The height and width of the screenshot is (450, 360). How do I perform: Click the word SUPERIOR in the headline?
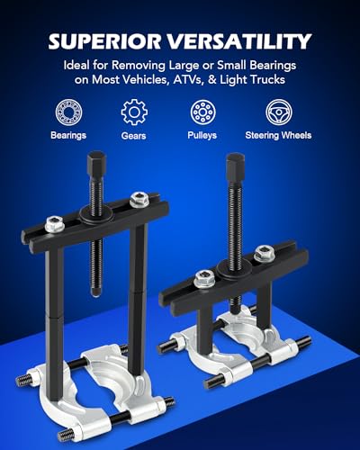pos(104,41)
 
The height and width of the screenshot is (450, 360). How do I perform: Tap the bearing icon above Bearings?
pos(68,112)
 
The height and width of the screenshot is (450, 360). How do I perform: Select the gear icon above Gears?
pos(134,112)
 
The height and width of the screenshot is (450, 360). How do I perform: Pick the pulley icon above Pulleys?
pos(202,112)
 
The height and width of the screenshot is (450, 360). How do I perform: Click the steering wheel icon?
pos(279,112)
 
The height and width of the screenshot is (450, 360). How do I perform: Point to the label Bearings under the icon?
pos(68,135)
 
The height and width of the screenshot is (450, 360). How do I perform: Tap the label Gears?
pos(133,136)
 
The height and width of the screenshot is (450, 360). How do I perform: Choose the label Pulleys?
pos(202,135)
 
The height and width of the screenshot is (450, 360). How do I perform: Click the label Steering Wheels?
pos(278,135)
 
